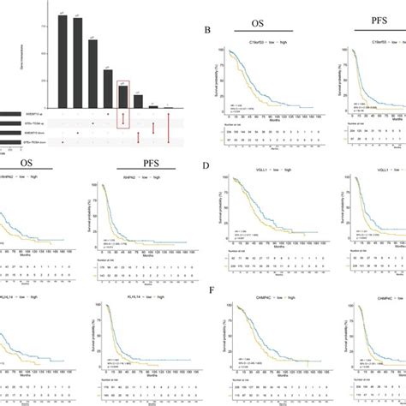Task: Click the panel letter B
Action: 207,30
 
